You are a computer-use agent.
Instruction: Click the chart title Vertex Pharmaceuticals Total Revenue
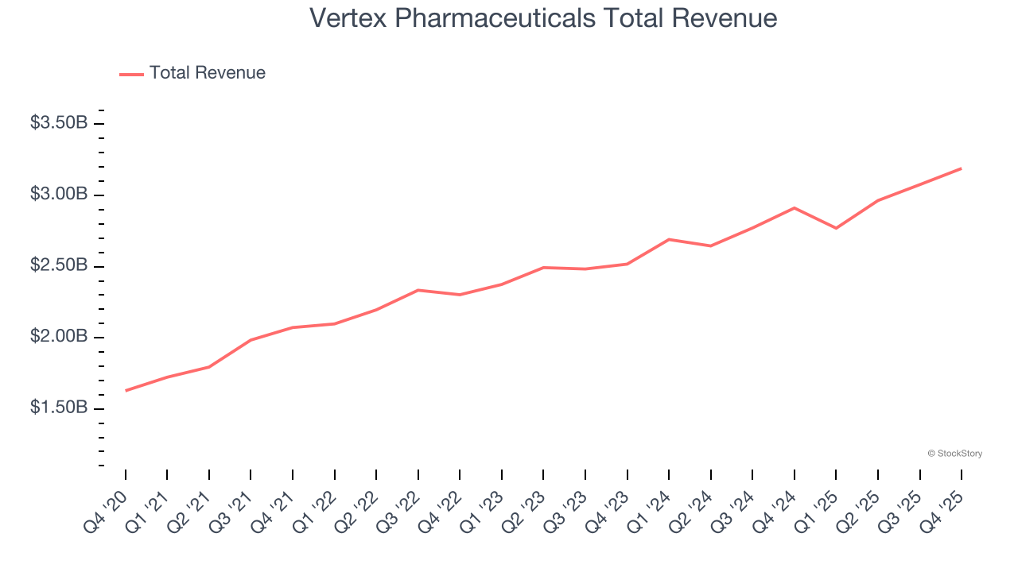543,17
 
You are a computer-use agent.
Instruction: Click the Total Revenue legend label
207,73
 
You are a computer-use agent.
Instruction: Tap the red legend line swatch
131,74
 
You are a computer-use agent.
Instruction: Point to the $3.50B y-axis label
59,123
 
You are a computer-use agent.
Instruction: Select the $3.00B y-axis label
59,195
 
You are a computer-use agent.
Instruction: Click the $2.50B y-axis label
59,265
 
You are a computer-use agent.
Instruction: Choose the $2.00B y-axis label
59,337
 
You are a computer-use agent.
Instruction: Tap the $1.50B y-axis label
59,408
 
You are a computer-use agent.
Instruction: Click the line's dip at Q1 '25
836,228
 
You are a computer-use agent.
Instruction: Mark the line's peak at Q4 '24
795,208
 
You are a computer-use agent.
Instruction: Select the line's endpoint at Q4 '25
961,168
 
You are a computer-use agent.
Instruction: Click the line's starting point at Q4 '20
126,390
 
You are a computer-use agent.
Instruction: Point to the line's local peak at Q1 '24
669,239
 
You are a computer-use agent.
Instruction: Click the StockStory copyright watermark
954,454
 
